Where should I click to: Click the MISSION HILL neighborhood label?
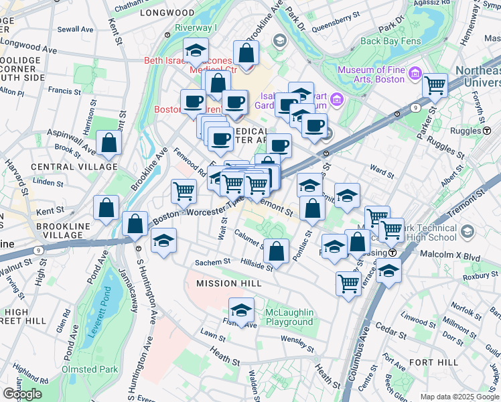[x=228, y=283]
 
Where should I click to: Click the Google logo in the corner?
[x=22, y=393]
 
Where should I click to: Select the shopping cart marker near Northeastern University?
[x=435, y=85]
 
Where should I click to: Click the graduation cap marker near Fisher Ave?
[x=241, y=310]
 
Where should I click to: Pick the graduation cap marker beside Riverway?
[x=196, y=50]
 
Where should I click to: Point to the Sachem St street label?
[x=212, y=262]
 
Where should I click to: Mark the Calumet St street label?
[x=249, y=237]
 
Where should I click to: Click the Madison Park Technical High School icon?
[x=467, y=232]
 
